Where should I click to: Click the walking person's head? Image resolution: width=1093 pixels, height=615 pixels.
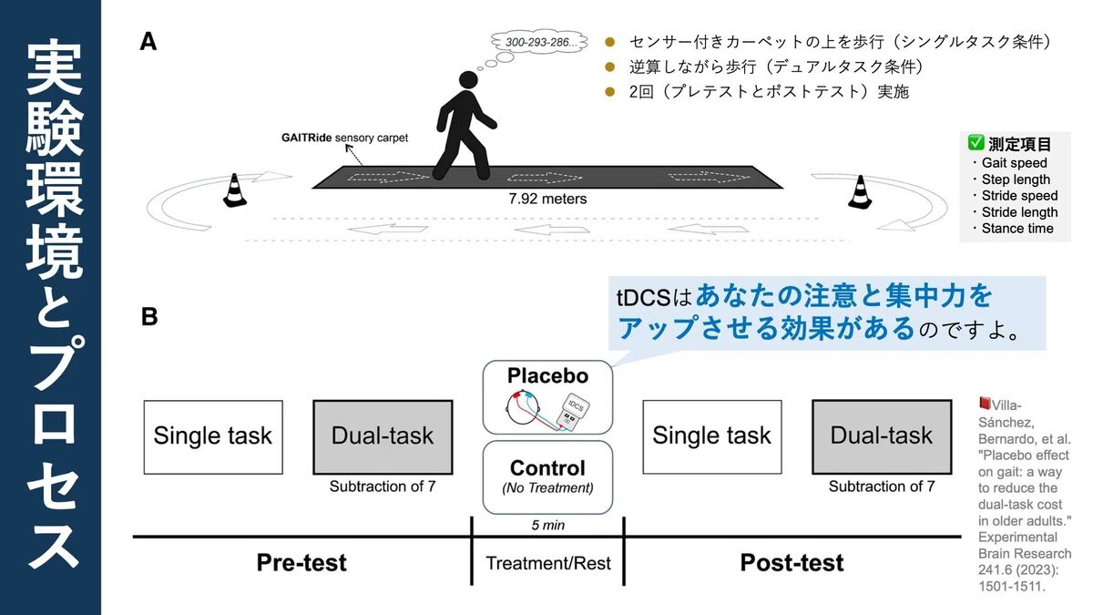pos(468,80)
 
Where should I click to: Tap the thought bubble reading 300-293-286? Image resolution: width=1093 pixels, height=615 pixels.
pos(539,42)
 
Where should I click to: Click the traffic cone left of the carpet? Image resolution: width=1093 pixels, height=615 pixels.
pos(235,190)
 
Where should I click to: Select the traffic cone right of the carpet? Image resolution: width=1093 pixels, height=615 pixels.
pos(860,192)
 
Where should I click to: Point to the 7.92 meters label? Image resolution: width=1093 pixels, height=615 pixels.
pos(547,199)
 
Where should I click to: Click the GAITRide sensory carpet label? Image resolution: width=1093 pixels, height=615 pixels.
pos(344,138)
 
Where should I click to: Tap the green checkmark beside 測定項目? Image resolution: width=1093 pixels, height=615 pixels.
pos(976,142)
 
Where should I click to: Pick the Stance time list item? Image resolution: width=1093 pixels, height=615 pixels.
pos(1016,229)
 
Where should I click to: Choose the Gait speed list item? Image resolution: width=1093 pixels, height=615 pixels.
pos(1014,162)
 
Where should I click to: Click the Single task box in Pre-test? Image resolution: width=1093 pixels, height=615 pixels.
pos(213,436)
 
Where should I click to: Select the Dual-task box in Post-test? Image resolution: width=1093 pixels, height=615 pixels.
pos(882,436)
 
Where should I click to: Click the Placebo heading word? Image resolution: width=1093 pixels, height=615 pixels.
pos(547,375)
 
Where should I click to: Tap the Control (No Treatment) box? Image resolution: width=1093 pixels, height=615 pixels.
pos(547,477)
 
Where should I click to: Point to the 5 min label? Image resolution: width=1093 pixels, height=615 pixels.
pos(547,525)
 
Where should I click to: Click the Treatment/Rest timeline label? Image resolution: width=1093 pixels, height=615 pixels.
pos(548,563)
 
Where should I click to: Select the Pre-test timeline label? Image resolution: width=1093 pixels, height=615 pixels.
pos(301,563)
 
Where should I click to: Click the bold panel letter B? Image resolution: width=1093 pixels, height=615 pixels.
pos(149,317)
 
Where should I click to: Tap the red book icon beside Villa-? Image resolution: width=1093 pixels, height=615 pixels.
pos(985,404)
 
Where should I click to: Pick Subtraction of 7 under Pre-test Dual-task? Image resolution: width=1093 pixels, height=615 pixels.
pos(383,487)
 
